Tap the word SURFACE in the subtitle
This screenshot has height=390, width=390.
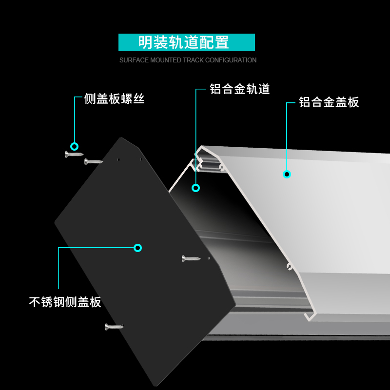pos(134,60)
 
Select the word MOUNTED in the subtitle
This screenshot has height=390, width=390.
pos(166,60)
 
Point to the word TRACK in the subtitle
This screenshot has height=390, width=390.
pos(194,60)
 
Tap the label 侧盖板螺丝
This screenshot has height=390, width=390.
pos(114,99)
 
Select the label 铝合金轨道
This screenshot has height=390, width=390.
pos(239,89)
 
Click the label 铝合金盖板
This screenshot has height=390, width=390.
pos(329,102)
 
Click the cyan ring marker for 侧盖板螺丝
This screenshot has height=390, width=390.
pos(74,146)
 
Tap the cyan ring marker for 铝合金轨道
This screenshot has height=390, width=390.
pos(196,188)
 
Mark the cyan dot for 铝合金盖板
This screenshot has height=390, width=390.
pos(287,174)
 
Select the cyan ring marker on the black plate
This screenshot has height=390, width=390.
pos(137,248)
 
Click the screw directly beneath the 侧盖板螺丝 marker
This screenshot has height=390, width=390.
pos(74,155)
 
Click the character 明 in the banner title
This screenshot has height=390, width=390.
pos(145,42)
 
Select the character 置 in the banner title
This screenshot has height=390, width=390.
pos(222,42)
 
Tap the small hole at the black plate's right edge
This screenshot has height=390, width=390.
pos(209,258)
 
